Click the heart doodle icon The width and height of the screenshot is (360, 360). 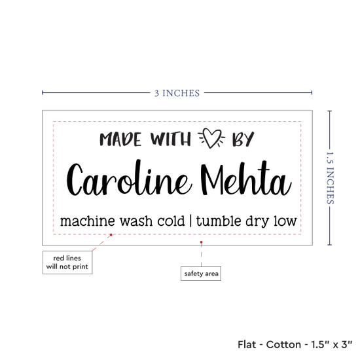[x=211, y=138]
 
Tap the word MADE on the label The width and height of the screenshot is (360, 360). [x=120, y=139]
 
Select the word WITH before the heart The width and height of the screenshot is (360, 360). [x=171, y=139]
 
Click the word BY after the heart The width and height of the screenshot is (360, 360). [x=243, y=139]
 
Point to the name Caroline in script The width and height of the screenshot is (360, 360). [x=129, y=177]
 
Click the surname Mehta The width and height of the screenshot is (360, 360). [x=246, y=178]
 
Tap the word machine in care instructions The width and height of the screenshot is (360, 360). [x=88, y=221]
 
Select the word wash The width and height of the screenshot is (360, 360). [x=136, y=221]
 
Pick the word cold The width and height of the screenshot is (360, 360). [x=171, y=221]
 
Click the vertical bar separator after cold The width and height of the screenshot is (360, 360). [x=190, y=221]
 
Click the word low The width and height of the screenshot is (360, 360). [x=285, y=221]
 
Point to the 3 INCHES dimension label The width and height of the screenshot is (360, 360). [x=177, y=93]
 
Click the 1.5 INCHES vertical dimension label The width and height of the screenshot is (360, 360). [x=330, y=178]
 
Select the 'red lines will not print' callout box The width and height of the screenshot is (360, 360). [x=67, y=262]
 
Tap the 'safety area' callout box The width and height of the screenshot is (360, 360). [x=201, y=274]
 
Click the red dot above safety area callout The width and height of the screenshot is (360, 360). [x=201, y=242]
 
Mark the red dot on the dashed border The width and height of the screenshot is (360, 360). [x=111, y=234]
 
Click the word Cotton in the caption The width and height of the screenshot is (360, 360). [x=283, y=344]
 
